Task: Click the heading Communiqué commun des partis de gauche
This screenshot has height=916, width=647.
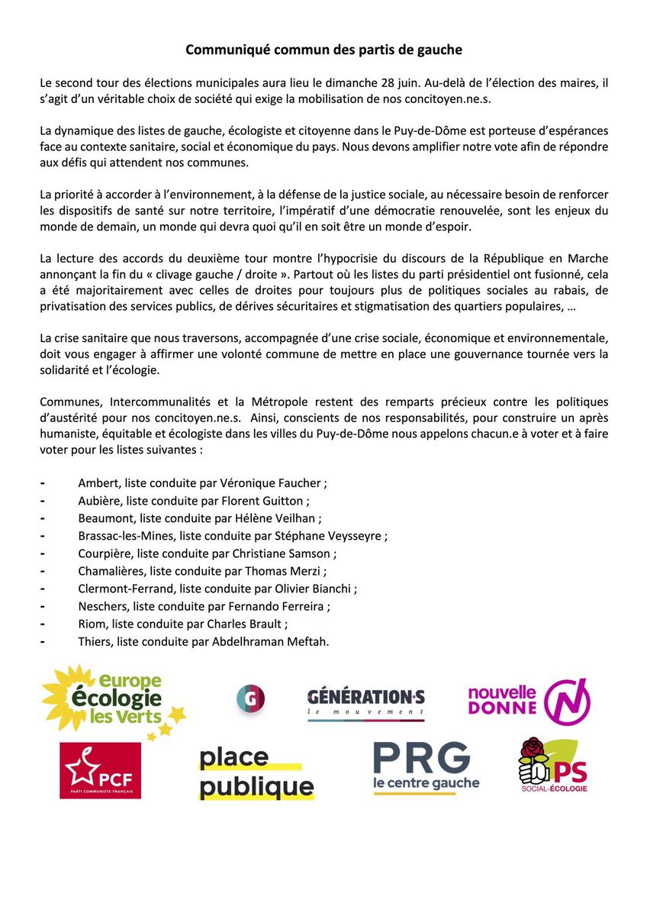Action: pyautogui.click(x=324, y=50)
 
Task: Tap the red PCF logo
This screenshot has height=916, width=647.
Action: pyautogui.click(x=100, y=770)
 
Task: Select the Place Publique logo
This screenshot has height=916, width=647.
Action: pyautogui.click(x=256, y=772)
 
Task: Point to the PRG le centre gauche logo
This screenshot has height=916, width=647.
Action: pyautogui.click(x=426, y=767)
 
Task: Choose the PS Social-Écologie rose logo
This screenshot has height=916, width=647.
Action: pyautogui.click(x=552, y=766)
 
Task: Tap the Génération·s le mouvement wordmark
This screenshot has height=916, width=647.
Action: pyautogui.click(x=366, y=702)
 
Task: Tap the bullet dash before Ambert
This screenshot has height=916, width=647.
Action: pyautogui.click(x=43, y=483)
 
